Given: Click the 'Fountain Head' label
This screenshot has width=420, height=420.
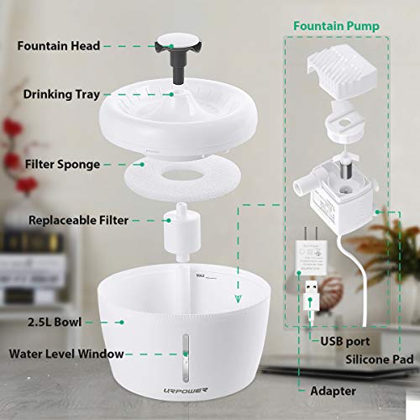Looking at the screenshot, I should tap(66, 45).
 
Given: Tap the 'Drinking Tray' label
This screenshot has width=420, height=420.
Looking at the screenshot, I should tap(63, 94).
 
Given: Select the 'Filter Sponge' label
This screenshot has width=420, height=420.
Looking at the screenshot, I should tap(64, 165).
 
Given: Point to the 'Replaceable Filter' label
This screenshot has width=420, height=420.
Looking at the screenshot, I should tap(78, 221).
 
